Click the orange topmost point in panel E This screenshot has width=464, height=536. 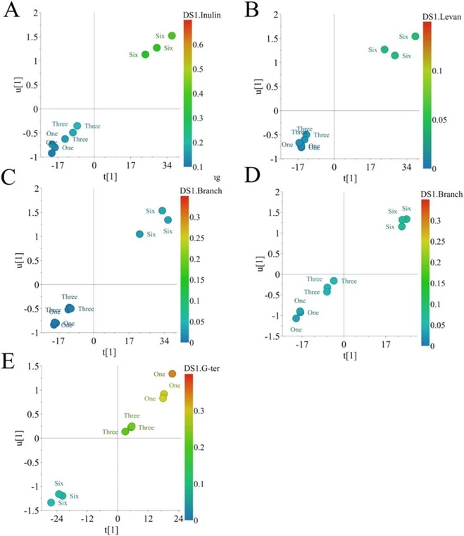(172, 373)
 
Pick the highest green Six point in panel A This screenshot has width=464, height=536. (172, 35)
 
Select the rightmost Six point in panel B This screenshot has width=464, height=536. (415, 36)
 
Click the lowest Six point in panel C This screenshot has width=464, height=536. (139, 234)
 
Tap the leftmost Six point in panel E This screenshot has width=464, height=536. (51, 502)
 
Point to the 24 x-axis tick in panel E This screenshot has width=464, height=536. (178, 518)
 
